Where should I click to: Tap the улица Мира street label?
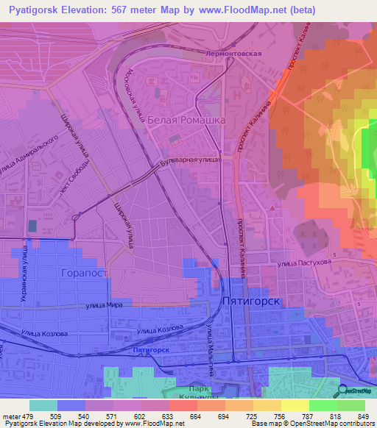104,304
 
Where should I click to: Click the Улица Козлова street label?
46,333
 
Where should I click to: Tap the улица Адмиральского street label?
29,155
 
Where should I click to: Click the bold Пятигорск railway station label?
152,351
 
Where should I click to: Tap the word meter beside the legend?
10,416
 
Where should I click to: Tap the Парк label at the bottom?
194,388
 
